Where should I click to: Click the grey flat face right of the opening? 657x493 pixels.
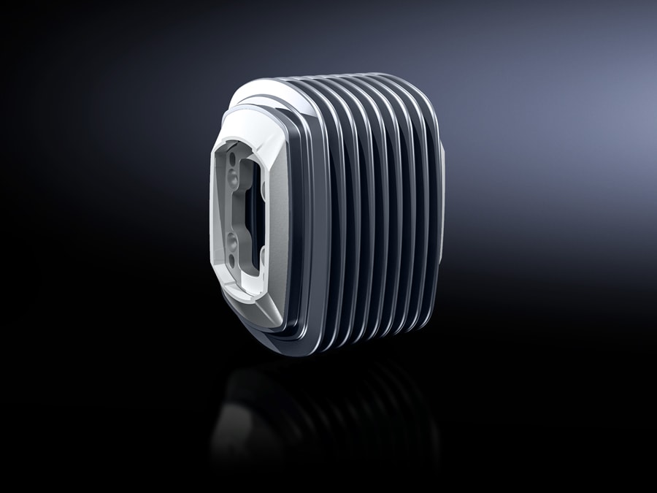coord(277,212)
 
